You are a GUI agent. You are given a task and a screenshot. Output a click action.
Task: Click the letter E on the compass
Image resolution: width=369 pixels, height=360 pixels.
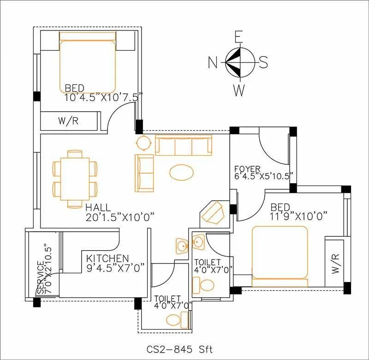pos(238,36)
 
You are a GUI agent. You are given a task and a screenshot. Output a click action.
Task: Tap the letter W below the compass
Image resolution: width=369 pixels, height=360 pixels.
pos(238,90)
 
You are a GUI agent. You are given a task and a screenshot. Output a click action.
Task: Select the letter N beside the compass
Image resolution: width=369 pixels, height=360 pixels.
pos(213,62)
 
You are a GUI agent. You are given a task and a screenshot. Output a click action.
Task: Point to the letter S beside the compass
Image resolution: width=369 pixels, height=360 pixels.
pos(263,62)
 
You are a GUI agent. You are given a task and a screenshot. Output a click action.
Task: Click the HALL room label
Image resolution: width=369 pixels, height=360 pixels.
pos(97,207)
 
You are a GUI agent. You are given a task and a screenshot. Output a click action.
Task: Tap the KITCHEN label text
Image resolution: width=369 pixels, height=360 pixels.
pos(107,258)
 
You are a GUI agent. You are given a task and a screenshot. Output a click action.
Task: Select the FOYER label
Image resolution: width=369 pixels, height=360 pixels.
pos(247,169)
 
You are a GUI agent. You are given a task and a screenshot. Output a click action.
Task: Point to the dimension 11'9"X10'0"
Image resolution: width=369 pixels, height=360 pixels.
pos(299,215)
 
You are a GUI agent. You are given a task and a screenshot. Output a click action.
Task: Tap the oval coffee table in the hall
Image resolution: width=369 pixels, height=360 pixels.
pos(182,172)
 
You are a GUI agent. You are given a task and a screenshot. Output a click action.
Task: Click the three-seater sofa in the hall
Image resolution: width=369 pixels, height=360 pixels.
pos(183,145)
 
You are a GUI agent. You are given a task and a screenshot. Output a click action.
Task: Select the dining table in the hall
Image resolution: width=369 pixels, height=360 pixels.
pos(75,178)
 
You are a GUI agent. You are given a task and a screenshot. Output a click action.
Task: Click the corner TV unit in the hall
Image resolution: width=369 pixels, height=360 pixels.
pos(213,212)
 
